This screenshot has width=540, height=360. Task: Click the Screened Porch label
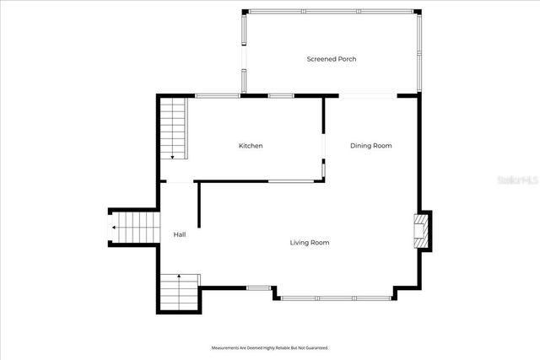click(332, 59)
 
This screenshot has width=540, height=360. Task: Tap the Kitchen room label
click(251, 146)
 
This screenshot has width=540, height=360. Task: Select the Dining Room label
click(371, 146)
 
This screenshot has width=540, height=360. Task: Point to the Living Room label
click(310, 243)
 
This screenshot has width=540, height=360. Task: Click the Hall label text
click(180, 234)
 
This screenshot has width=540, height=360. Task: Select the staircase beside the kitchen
click(173, 128)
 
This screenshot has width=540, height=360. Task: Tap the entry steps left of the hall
click(135, 228)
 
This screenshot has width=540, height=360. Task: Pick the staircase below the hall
click(179, 293)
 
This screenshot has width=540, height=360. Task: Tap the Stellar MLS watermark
click(517, 180)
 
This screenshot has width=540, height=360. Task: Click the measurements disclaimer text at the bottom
click(269, 347)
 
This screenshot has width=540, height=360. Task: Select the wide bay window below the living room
click(336, 298)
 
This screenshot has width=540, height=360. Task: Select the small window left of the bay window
click(259, 288)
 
